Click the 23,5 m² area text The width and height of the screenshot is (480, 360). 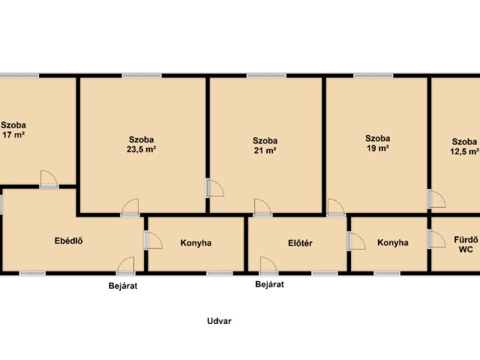(142, 150)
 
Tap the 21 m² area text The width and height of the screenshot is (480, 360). (265, 151)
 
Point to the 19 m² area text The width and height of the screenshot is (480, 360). (378, 148)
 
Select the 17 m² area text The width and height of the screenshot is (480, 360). (13, 135)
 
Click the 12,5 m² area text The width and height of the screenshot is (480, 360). (465, 151)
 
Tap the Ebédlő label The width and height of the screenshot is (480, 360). (68, 241)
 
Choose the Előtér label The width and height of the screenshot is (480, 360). (300, 243)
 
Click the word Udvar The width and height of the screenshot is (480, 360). (219, 321)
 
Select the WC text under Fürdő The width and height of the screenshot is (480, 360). (466, 249)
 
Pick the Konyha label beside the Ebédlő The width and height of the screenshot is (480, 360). (196, 243)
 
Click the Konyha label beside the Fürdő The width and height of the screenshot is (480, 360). (393, 243)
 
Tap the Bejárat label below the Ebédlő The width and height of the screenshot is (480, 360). (123, 286)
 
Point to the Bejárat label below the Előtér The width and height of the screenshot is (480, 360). (270, 284)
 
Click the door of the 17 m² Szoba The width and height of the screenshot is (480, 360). (49, 179)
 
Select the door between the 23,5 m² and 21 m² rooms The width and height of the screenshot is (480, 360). (215, 187)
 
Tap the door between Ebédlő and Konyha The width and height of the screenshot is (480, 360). (154, 240)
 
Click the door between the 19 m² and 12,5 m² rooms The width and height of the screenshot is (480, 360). (436, 199)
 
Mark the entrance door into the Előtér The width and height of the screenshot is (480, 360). (268, 265)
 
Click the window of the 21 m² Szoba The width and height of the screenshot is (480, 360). (266, 75)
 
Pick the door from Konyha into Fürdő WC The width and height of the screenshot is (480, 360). (436, 238)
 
